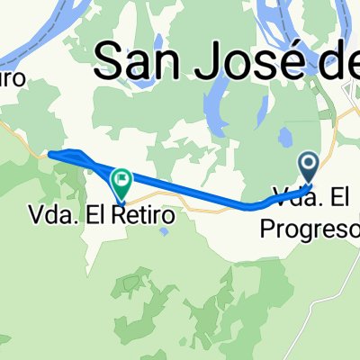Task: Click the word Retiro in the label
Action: click(148, 217)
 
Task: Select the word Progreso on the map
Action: click(302, 229)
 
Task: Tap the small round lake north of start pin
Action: click(285, 137)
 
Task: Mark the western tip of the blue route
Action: click(50, 155)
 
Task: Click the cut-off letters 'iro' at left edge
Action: click(14, 80)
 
